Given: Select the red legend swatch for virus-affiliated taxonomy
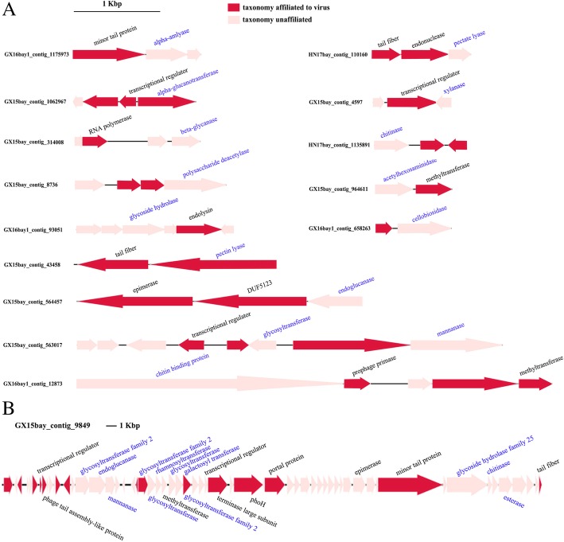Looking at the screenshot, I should [234, 6].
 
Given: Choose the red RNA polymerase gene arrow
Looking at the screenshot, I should [94, 141].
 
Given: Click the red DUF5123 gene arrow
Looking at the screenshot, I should [250, 301].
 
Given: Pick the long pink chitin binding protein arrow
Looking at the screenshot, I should [207, 384].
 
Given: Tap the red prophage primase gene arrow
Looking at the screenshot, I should [356, 384].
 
